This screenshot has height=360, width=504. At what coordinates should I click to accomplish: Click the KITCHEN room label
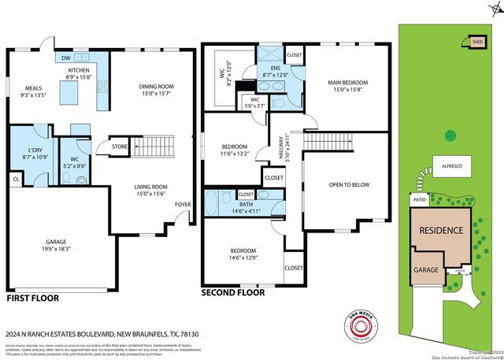pos(80,69)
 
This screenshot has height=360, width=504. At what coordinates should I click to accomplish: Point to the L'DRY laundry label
pos(34,150)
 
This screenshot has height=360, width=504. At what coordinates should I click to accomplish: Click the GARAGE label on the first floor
pos(55,242)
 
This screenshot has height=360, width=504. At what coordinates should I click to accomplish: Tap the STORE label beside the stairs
pos(119,146)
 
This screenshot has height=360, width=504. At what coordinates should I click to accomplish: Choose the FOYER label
pos(183,204)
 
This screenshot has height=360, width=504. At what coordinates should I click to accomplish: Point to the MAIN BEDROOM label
pos(347,83)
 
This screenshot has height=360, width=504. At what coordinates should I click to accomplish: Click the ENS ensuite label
pos(276,69)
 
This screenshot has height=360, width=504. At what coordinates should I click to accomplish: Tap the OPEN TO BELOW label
pos(348,185)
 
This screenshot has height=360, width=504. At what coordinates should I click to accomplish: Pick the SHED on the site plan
pos(477,42)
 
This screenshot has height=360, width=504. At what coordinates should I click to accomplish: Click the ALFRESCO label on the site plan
pos(451,168)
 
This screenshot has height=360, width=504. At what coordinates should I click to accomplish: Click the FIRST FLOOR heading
pos(35,299)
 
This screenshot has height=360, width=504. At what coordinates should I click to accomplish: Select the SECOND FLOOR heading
pos(233,291)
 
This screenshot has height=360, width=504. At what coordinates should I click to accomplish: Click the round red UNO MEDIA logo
pos(361,328)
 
